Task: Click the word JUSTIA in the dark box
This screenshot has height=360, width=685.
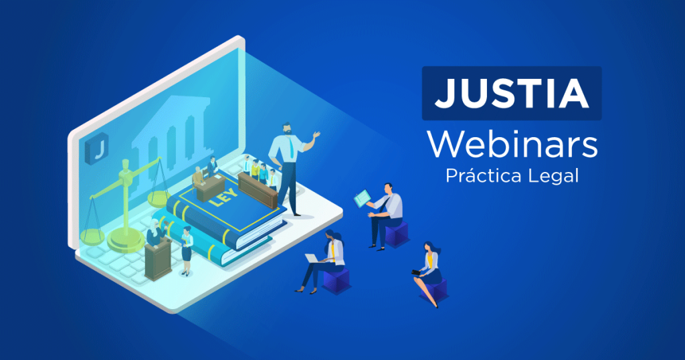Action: point(512,94)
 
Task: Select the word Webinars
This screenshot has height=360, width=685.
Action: point(512,145)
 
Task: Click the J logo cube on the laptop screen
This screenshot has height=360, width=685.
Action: point(96,149)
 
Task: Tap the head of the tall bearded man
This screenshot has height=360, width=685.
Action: point(286,128)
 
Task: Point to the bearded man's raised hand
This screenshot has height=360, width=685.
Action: point(316,135)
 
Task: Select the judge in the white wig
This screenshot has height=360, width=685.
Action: point(155,234)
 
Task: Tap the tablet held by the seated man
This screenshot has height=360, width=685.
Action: point(362,199)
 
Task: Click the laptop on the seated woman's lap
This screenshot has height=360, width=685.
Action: point(313,259)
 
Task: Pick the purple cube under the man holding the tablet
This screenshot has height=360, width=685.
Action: point(397,234)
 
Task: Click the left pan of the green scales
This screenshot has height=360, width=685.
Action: point(92,236)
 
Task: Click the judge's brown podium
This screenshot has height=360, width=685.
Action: point(158,260)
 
